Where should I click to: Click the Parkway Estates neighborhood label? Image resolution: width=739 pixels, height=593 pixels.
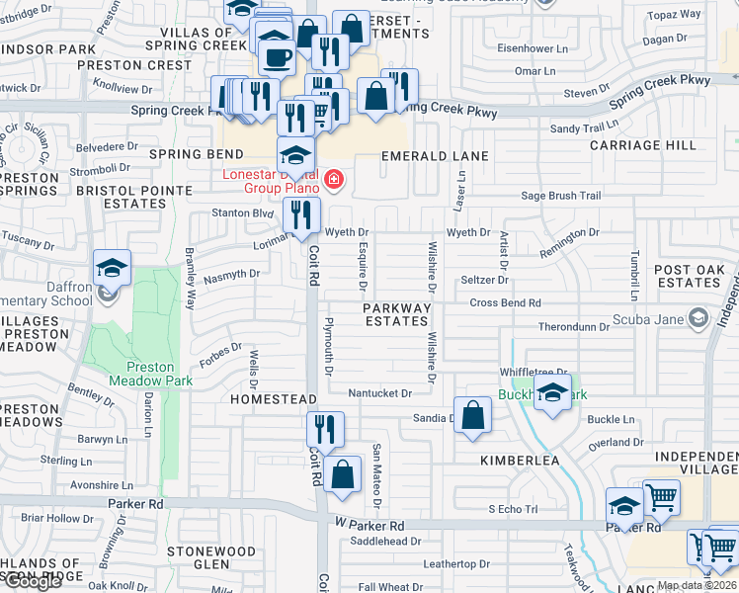tap(398, 314)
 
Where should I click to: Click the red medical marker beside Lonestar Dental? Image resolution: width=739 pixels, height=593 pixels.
tap(334, 180)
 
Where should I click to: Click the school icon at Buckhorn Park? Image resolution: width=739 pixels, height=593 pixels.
tap(552, 391)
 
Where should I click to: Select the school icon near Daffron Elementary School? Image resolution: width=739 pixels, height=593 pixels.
tap(112, 269)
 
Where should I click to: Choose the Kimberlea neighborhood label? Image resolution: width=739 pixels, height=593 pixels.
tap(520, 461)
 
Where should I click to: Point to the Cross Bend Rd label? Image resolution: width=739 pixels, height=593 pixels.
tap(505, 303)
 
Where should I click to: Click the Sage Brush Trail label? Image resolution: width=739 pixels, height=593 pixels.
tap(560, 196)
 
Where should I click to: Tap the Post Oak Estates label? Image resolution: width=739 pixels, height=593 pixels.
tap(689, 276)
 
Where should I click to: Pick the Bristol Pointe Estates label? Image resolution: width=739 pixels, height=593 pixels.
tap(134, 197)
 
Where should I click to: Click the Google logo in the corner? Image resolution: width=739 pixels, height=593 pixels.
tap(33, 581)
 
